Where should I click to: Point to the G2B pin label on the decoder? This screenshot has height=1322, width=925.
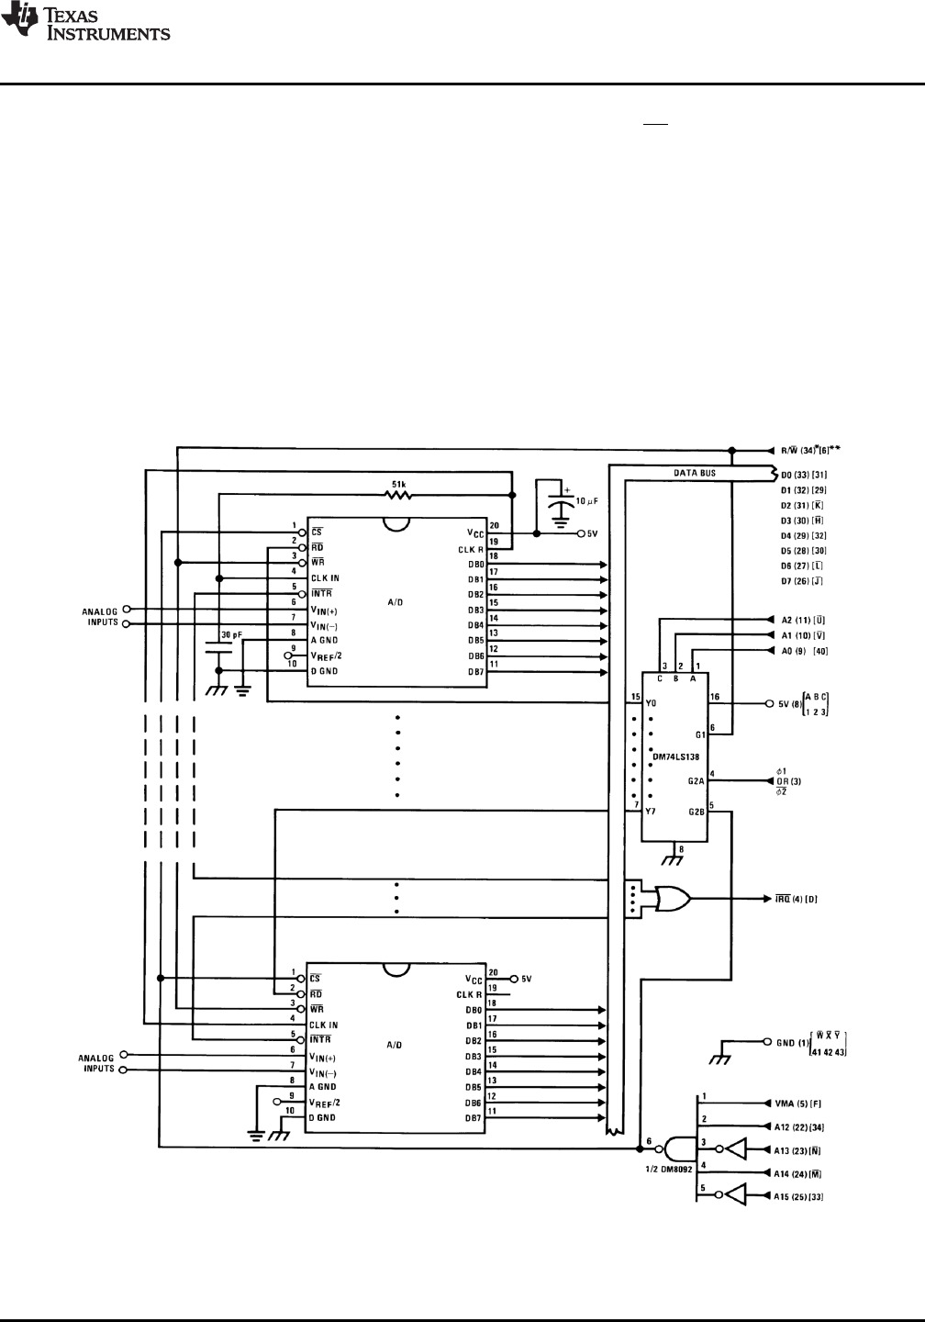(696, 812)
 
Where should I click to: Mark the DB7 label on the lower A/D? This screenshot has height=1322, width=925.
(474, 1117)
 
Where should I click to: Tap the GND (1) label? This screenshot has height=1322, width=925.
(792, 1043)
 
